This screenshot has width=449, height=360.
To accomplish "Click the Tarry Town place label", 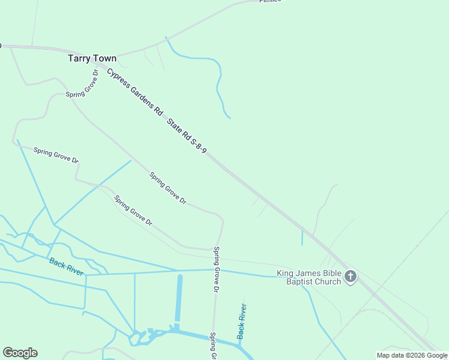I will [x=92, y=59].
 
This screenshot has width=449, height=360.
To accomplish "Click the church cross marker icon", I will [x=351, y=277].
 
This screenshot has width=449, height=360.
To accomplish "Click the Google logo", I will [x=20, y=353].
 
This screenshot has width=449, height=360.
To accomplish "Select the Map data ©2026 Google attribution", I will [x=412, y=355].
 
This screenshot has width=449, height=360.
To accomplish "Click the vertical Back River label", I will [x=241, y=322].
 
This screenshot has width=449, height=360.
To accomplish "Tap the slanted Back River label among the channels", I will [x=66, y=266].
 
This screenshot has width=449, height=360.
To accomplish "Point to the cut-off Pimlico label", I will [x=270, y=2].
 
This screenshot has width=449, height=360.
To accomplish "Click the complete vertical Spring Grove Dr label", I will [x=216, y=269].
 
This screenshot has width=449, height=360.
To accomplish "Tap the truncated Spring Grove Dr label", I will [x=212, y=346].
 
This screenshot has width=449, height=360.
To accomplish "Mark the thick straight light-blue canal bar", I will [x=178, y=298].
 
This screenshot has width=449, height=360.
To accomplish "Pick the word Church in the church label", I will [x=328, y=282].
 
